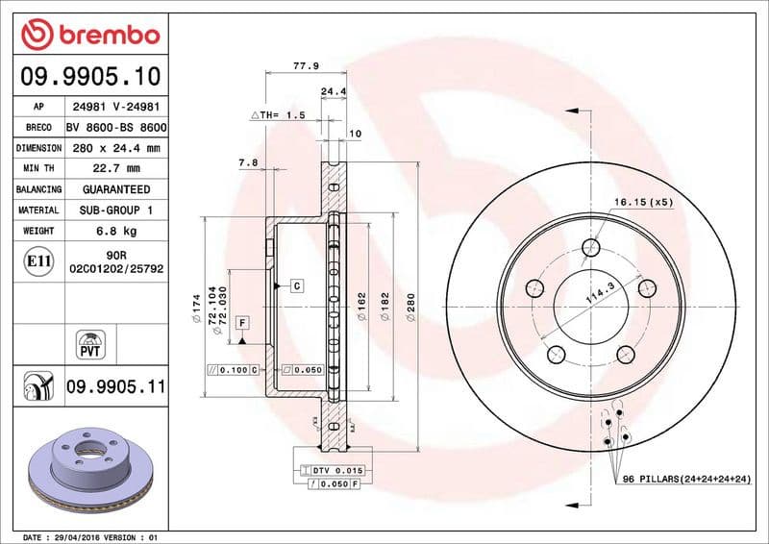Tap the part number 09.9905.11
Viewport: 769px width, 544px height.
click(x=115, y=387)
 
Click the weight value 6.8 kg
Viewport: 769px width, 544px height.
click(x=115, y=231)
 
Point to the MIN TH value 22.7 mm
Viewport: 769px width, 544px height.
click(x=115, y=168)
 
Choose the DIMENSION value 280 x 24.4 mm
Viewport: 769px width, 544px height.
click(x=115, y=148)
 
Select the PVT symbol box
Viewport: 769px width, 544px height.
click(x=89, y=343)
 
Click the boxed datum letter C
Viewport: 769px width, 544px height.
click(x=296, y=286)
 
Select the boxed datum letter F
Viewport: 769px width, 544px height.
click(x=241, y=322)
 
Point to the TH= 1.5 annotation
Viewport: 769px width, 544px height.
click(x=278, y=114)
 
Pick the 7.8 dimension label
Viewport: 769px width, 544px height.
click(x=248, y=162)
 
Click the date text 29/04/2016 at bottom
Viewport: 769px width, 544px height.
click(x=93, y=536)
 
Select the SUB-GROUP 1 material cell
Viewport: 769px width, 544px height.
click(x=115, y=210)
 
